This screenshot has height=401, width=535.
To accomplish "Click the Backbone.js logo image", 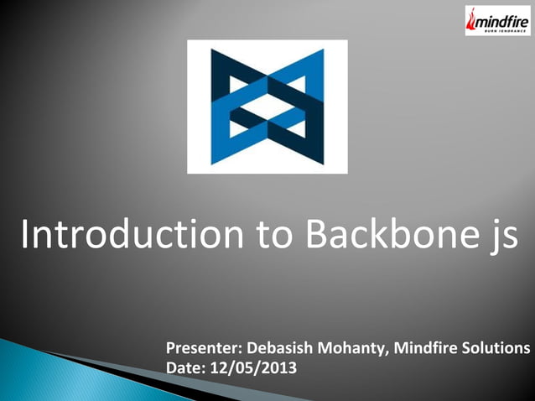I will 267,107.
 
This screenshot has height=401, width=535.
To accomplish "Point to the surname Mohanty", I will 349,348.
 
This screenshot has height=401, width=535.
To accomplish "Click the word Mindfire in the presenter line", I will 423,348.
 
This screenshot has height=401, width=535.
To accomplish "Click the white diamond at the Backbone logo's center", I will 267,107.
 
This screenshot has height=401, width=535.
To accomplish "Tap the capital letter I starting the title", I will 24,235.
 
